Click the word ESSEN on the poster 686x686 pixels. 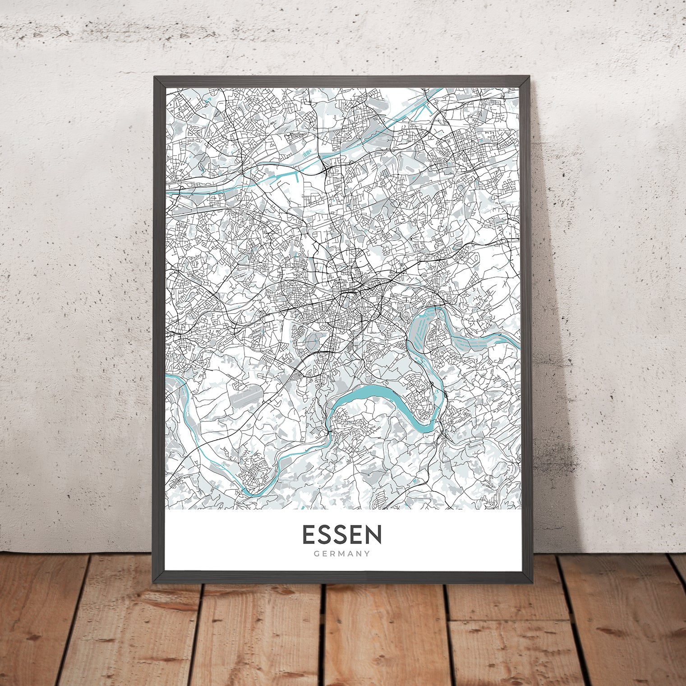(x=342, y=534)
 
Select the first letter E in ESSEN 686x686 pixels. (x=309, y=534)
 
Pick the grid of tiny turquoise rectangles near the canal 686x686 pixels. (x=307, y=155)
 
